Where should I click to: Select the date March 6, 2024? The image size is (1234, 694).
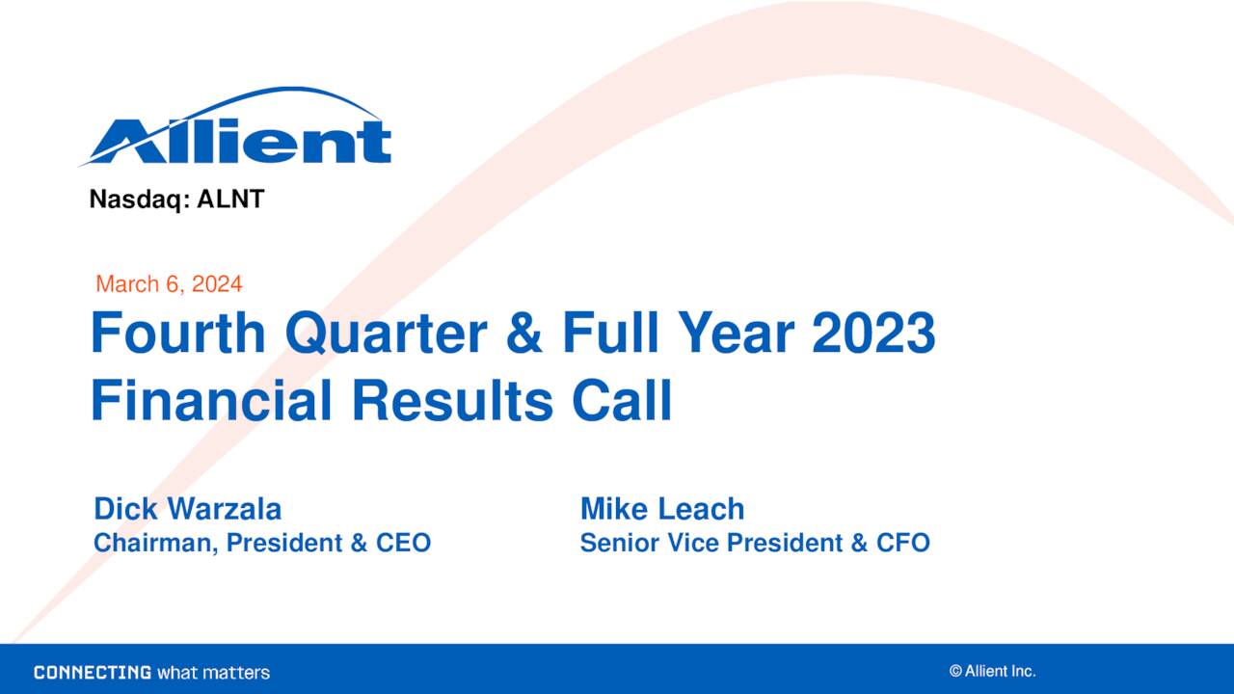point(169,284)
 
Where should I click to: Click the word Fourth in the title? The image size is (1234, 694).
point(178,334)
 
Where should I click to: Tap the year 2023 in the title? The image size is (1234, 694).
point(873,334)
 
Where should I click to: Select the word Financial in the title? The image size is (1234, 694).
point(211,401)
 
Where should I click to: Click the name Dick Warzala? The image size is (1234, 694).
point(187,509)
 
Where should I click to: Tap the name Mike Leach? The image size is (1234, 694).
point(662,509)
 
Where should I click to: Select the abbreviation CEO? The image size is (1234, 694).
point(403,544)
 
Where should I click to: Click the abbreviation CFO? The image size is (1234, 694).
point(903,544)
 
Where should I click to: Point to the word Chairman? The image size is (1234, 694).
point(155,544)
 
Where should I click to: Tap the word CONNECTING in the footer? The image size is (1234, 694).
point(93,673)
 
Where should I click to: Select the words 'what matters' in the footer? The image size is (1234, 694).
point(213,673)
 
